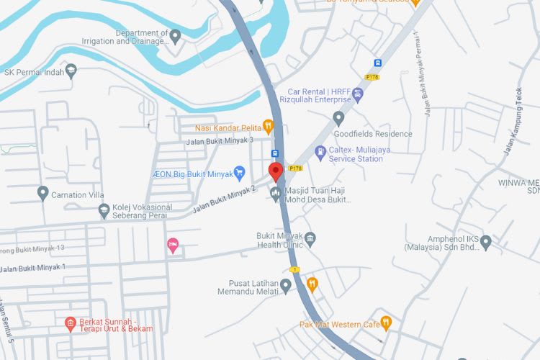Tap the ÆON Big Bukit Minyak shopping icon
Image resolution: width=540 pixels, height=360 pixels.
click(240, 172)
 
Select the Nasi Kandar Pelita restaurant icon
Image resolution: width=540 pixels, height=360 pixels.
click(268, 127)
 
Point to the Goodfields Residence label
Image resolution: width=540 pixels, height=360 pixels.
click(373, 134)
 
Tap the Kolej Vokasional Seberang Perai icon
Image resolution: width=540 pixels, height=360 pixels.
click(104, 210)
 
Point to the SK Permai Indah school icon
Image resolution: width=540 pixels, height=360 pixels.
click(71, 71)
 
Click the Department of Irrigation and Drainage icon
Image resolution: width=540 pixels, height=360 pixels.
click(175, 35)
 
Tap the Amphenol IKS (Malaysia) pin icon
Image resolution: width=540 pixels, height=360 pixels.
click(486, 242)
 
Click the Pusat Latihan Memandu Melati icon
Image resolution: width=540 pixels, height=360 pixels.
click(286, 287)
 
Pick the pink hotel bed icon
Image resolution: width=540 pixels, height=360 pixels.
click(173, 246)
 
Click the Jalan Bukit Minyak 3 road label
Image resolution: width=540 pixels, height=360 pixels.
click(220, 140)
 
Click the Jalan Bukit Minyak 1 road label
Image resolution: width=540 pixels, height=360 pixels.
click(33, 268)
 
